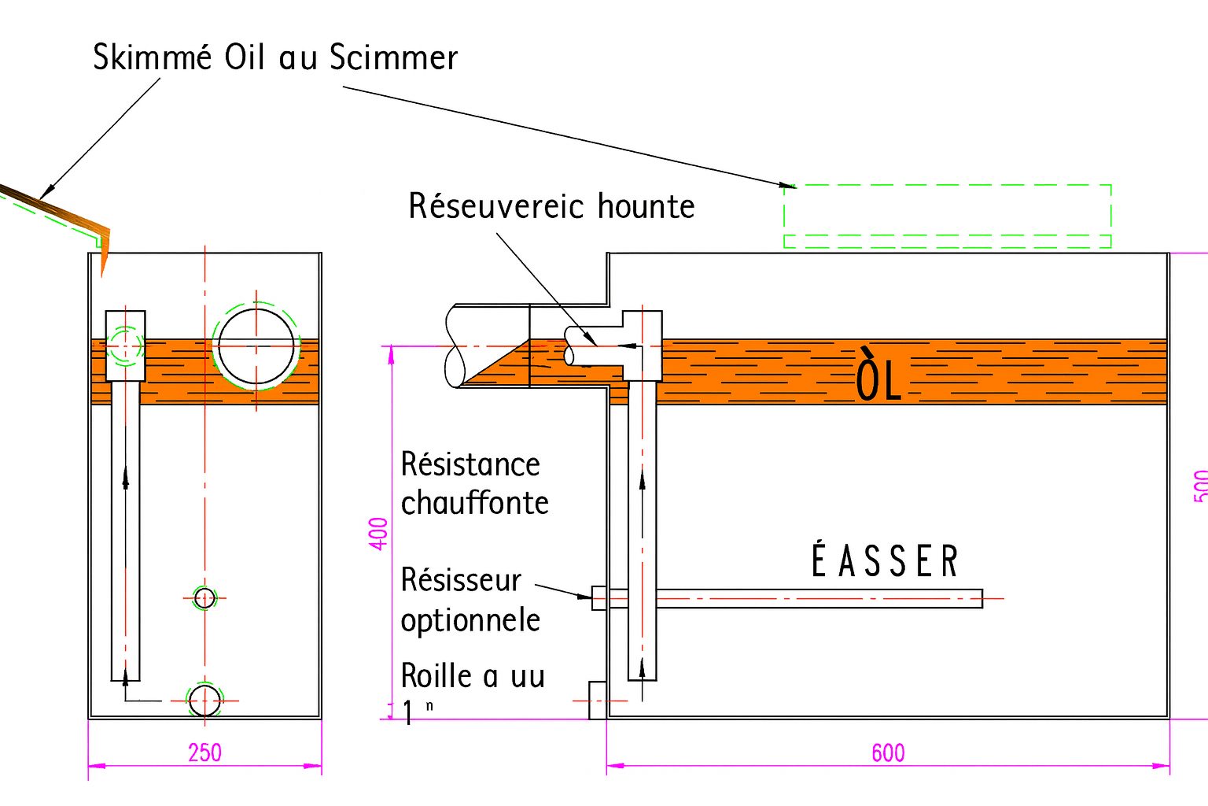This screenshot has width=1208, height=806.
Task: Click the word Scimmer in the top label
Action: click(393, 57)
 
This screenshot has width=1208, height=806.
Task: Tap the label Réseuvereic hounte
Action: click(551, 206)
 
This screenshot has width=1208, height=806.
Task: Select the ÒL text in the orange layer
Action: click(878, 376)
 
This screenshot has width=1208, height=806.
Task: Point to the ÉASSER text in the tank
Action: click(885, 561)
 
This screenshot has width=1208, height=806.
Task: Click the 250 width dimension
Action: click(204, 753)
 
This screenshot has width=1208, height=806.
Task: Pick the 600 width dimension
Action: click(888, 753)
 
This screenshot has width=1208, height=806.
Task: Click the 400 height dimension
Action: click(379, 533)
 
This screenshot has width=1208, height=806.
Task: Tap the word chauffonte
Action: click(474, 503)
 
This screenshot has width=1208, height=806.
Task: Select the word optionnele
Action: click(470, 620)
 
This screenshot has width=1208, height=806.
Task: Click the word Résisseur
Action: click(461, 580)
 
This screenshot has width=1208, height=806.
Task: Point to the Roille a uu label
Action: click(473, 676)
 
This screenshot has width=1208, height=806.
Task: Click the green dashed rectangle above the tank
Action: click(947, 216)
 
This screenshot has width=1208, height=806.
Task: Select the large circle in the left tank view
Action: click(256, 346)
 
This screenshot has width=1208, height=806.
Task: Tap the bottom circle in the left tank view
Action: click(204, 700)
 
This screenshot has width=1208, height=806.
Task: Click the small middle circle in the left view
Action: click(204, 598)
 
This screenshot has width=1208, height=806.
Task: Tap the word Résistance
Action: click(470, 464)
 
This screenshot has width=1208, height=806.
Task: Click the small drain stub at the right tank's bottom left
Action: click(598, 700)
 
